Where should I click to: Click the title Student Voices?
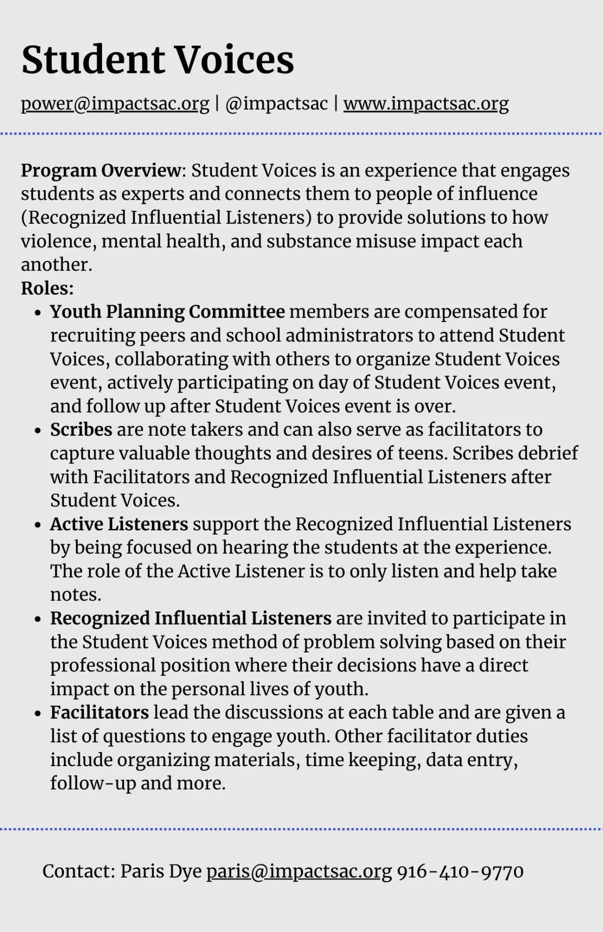[x=157, y=60]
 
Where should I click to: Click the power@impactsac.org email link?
[x=115, y=104]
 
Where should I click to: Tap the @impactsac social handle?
[x=276, y=104]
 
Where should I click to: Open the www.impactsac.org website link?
[x=426, y=104]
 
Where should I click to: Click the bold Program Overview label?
[x=100, y=170]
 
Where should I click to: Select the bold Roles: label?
[x=47, y=288]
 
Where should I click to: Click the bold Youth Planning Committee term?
[x=167, y=312]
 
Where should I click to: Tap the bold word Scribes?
[x=81, y=430]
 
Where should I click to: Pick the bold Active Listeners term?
[x=119, y=524]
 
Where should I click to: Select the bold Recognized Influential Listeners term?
[x=190, y=618]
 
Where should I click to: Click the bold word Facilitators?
[x=99, y=712]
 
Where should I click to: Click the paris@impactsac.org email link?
[x=299, y=871]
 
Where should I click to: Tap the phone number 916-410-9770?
[x=460, y=871]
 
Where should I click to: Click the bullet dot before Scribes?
[x=38, y=431]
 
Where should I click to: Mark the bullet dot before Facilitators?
[x=38, y=713]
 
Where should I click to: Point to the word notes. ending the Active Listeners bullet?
[x=75, y=595]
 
